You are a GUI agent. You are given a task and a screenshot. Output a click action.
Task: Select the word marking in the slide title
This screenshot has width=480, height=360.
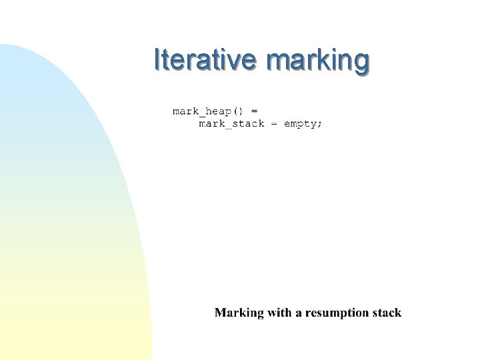[x=317, y=60]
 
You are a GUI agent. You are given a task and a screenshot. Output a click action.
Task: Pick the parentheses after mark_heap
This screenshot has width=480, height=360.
[x=239, y=110]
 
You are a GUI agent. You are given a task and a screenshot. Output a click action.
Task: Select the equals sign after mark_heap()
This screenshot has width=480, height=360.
[x=254, y=110]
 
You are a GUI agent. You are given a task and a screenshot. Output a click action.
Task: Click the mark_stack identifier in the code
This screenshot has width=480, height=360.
[x=231, y=124]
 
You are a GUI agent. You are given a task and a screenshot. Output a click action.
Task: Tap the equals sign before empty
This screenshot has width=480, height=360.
[x=274, y=124]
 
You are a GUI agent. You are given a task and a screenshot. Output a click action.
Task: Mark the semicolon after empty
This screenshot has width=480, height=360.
[x=319, y=125]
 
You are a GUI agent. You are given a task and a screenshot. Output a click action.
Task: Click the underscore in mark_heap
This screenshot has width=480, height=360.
[x=202, y=113]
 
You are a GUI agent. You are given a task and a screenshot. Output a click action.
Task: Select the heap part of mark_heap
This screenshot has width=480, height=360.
[x=218, y=110]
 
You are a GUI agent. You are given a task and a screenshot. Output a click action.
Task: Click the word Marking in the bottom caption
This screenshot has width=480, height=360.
[x=239, y=313]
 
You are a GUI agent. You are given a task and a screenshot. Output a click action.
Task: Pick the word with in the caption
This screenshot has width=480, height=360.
[x=279, y=313]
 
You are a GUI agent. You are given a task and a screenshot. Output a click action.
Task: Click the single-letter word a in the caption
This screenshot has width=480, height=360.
[x=298, y=313]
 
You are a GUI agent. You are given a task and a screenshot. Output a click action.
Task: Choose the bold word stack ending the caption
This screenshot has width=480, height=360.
[x=386, y=313]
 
